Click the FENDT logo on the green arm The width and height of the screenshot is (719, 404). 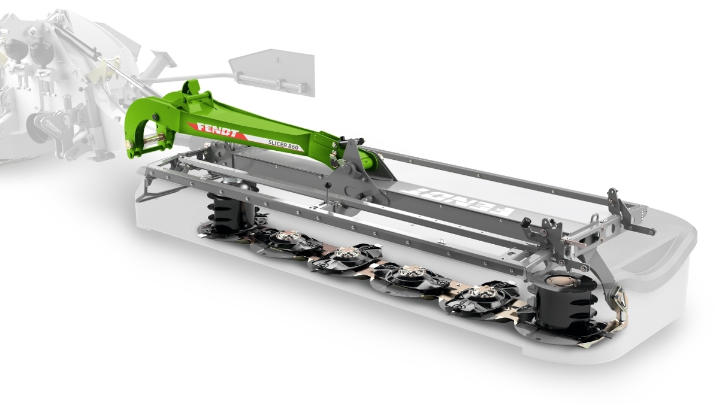[x=218, y=130]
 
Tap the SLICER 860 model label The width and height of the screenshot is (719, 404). [x=283, y=145]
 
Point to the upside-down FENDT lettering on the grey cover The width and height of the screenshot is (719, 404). [x=457, y=199]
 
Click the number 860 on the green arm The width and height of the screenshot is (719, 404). [x=294, y=147]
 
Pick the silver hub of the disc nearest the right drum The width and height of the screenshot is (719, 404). [x=481, y=293]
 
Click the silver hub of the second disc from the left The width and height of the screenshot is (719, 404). [x=346, y=253]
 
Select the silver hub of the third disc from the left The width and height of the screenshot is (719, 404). [x=412, y=272]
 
